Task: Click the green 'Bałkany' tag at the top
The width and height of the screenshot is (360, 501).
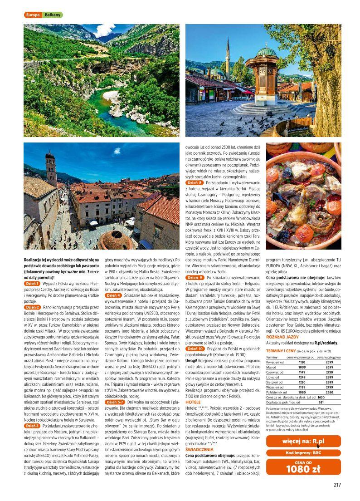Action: [x=53, y=15]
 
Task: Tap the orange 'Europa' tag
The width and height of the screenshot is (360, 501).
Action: [x=33, y=15]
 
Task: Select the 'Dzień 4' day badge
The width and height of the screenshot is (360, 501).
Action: [x=113, y=295]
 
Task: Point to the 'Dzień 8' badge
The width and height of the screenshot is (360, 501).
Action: [x=195, y=182]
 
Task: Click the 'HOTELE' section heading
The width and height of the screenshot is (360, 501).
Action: [x=193, y=402]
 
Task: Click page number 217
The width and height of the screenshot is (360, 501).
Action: [x=336, y=485]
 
